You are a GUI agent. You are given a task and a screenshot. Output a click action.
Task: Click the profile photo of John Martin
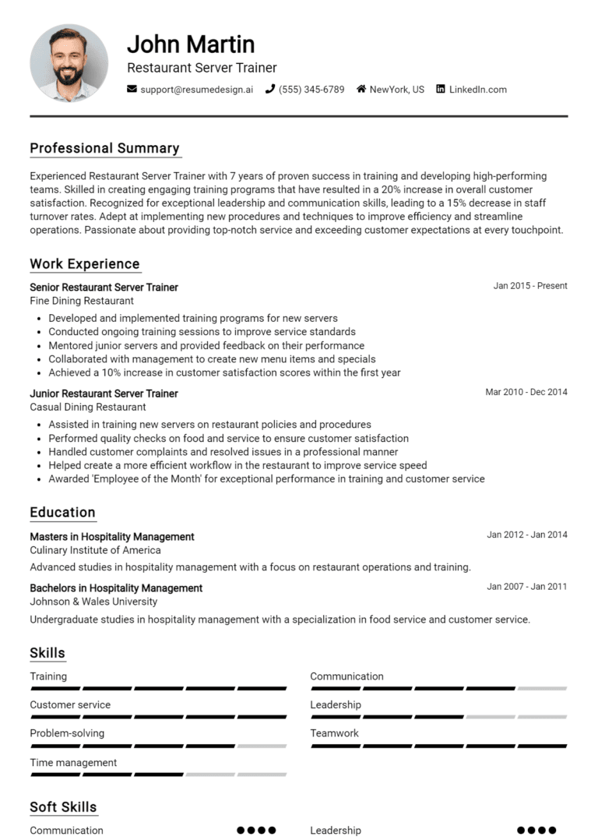click(69, 62)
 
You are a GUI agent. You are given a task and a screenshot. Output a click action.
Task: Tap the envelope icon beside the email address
click(132, 90)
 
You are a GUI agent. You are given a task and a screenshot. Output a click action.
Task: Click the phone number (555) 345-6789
click(311, 90)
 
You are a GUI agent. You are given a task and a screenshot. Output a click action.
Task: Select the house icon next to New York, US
click(361, 90)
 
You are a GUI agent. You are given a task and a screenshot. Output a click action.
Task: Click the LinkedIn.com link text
click(477, 90)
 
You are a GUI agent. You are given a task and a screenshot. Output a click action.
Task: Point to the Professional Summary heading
click(104, 148)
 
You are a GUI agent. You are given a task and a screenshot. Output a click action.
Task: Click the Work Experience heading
click(84, 264)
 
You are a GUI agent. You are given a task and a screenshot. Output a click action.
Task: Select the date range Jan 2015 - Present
click(529, 286)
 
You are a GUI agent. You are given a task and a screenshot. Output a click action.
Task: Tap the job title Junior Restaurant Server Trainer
click(104, 394)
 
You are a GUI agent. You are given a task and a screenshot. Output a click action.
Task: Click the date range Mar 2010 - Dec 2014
click(526, 392)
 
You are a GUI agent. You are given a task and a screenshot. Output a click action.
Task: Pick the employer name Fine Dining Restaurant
click(82, 301)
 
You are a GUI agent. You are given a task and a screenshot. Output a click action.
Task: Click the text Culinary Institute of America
click(95, 550)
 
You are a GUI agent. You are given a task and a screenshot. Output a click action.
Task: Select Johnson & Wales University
click(93, 602)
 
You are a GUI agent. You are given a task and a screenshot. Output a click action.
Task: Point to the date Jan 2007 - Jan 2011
click(526, 587)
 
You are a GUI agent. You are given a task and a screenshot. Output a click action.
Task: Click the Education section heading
click(62, 513)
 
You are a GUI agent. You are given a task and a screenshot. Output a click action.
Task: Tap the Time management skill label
click(73, 763)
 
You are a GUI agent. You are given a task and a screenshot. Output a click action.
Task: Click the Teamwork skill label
click(334, 733)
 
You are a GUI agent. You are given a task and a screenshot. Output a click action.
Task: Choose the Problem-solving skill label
click(67, 733)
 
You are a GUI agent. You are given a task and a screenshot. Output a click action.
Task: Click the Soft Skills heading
click(63, 807)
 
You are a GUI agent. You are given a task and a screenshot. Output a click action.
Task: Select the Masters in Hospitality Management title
click(112, 537)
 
